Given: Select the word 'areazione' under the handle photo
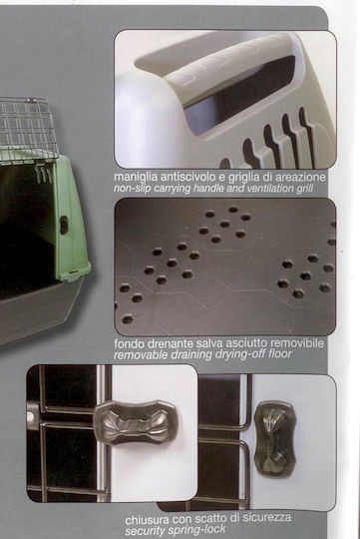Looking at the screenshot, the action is pos(299,177).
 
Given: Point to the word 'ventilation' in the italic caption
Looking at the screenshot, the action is pos(263,189).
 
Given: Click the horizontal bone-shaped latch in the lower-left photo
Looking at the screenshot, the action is pos(136,421).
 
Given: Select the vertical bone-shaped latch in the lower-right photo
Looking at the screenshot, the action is pos(275,439).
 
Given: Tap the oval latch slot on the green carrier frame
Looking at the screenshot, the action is pos(64,226).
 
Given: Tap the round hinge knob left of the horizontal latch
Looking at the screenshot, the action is pos(31,416).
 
